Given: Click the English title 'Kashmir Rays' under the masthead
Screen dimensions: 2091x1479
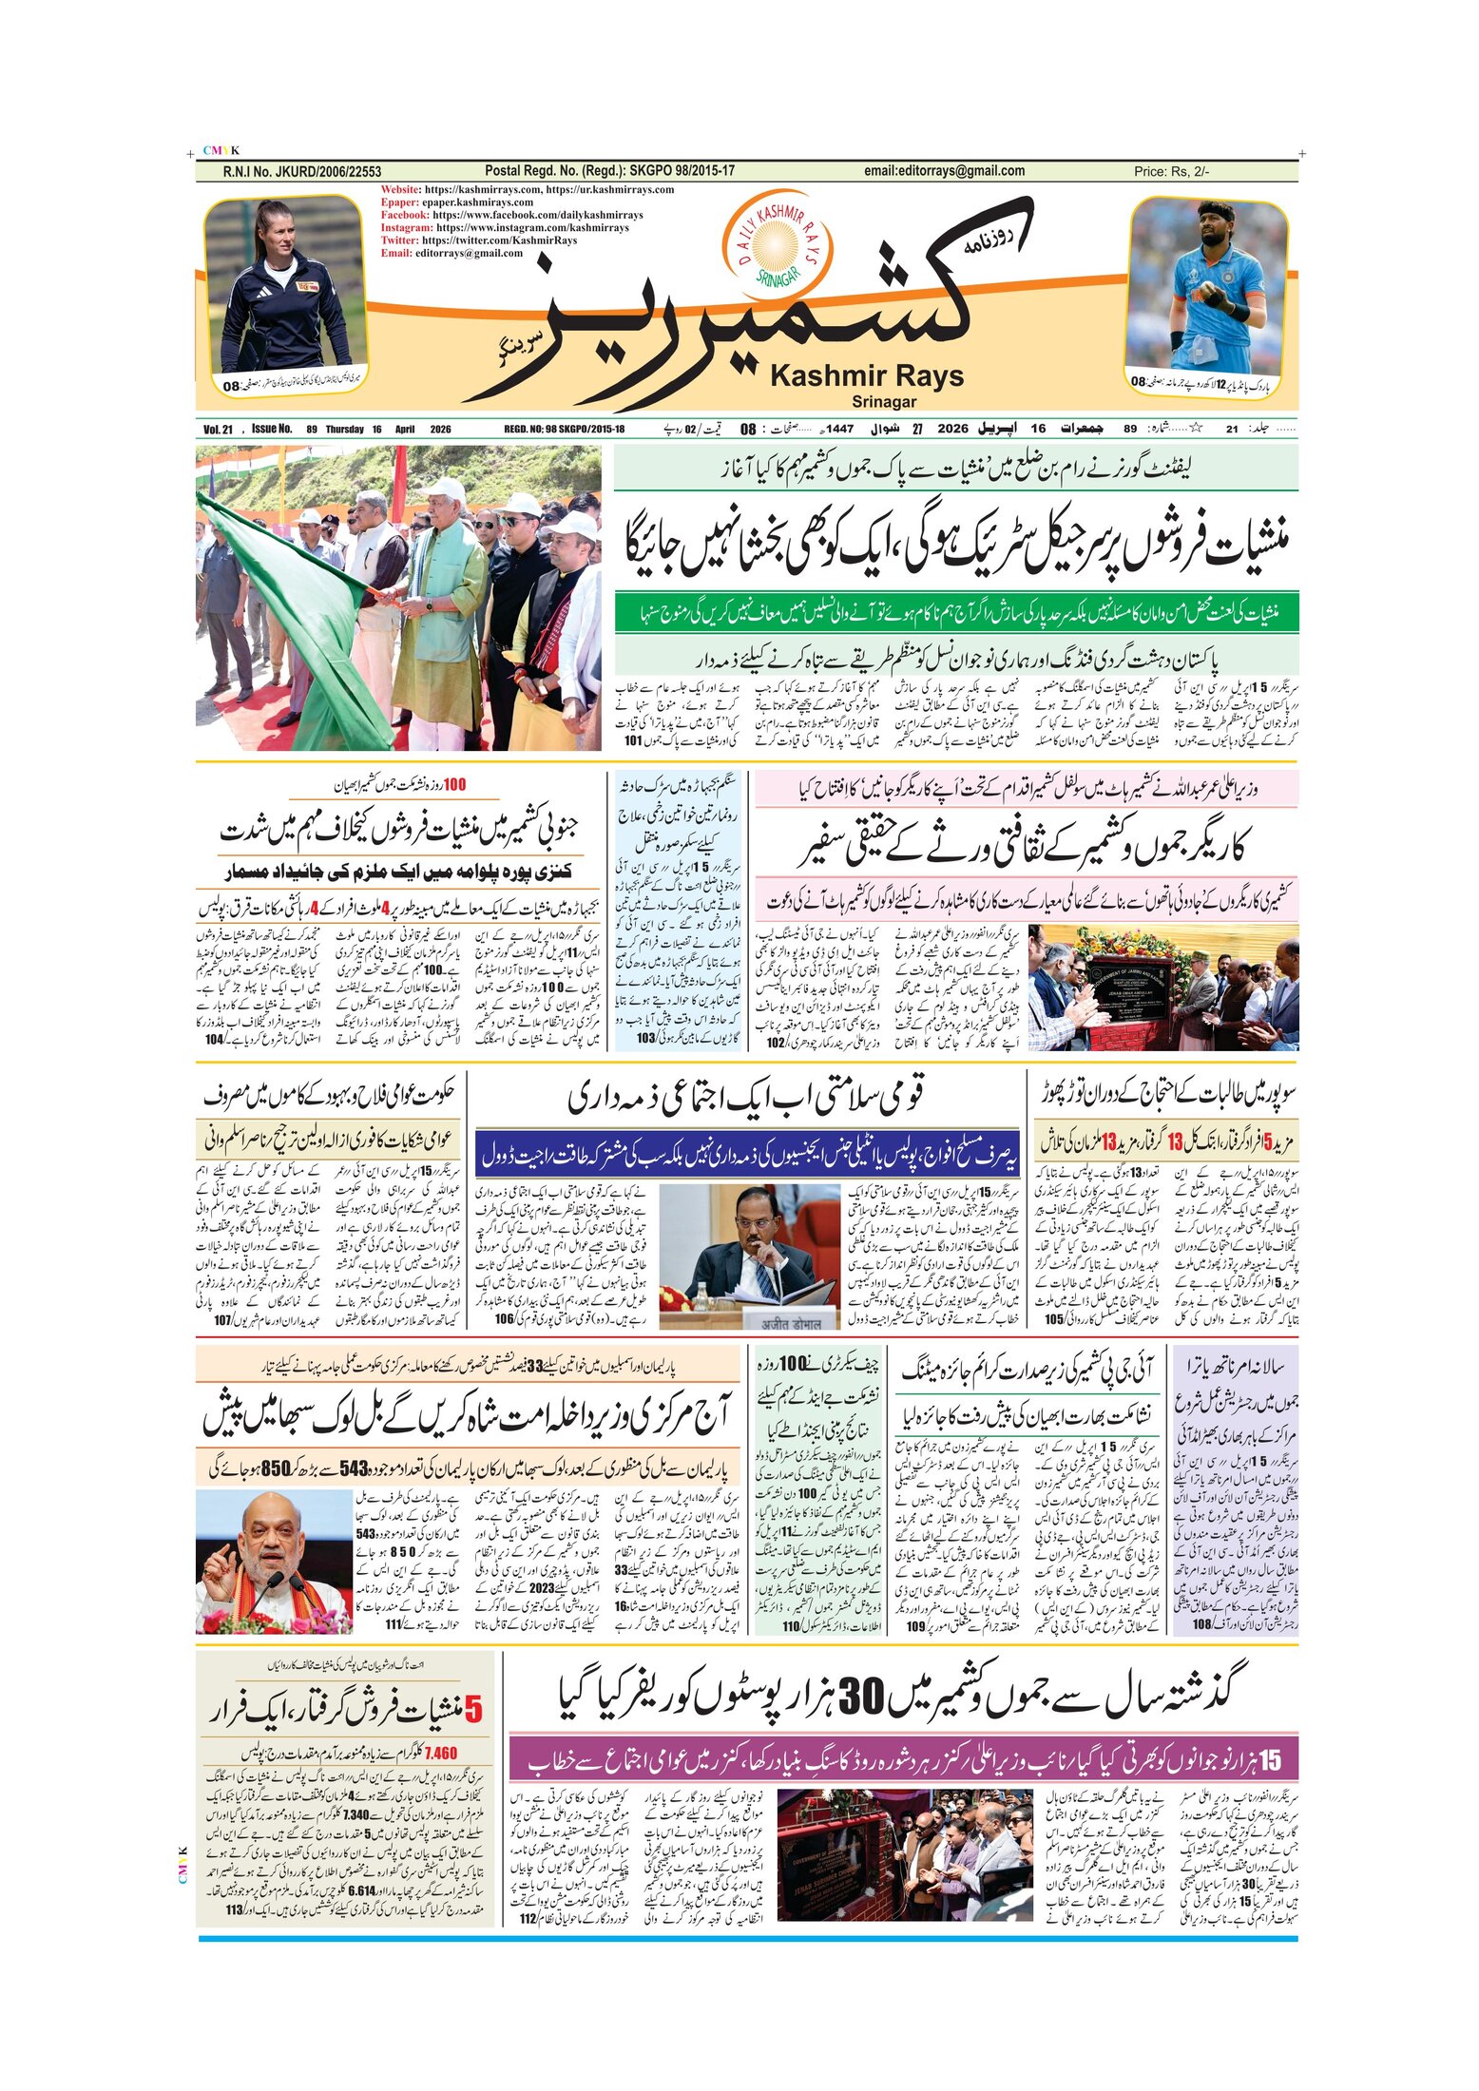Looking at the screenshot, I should (866, 376).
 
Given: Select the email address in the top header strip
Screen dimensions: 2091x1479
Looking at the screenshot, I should (944, 171).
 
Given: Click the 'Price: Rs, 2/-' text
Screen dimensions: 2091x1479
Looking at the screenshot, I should (1171, 172).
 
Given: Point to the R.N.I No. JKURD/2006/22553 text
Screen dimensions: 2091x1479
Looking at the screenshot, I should (301, 172).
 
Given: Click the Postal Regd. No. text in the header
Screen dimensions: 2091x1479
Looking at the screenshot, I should (609, 171).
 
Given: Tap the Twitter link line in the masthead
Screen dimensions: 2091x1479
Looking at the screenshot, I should (478, 240).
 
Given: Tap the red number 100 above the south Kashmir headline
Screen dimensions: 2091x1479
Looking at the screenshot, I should (454, 785).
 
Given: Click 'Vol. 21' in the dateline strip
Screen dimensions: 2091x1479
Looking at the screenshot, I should (218, 430).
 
